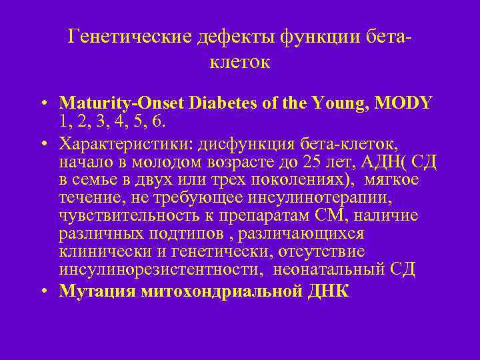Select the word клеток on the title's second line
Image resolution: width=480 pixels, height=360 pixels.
pyautogui.click(x=240, y=63)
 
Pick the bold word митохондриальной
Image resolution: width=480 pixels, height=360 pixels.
pyautogui.click(x=215, y=291)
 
